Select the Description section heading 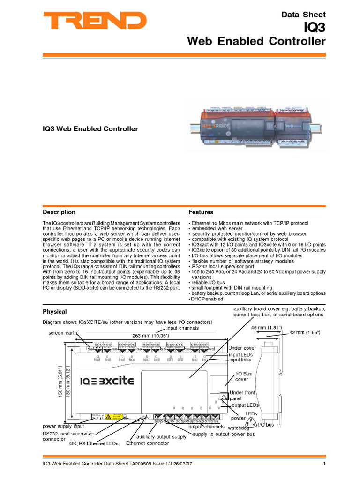pos(59,212)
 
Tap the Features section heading pos(201,212)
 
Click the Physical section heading pos(55,312)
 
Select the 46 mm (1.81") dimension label pos(266,327)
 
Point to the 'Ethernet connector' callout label pos(147,443)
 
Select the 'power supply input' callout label pos(63,427)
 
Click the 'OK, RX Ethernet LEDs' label pos(94,443)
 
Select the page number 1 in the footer pos(324,464)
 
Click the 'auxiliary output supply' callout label pos(161,437)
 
